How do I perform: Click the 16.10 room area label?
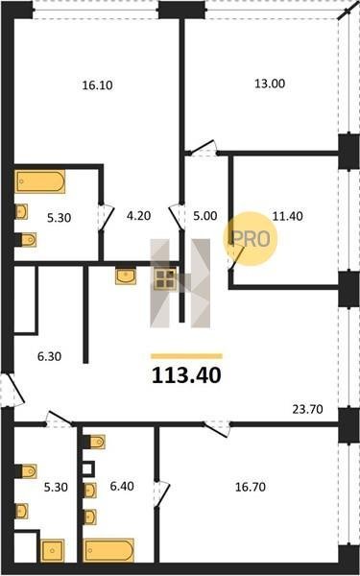[97, 85]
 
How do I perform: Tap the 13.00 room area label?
[270, 84]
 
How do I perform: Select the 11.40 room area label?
[288, 216]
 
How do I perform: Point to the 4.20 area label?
[138, 216]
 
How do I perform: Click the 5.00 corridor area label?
[205, 216]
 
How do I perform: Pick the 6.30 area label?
[50, 356]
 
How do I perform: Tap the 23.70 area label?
[307, 409]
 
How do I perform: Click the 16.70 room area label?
[251, 487]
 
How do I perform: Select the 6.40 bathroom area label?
[122, 487]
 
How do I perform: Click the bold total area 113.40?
[186, 375]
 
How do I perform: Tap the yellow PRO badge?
[251, 239]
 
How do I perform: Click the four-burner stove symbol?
[165, 278]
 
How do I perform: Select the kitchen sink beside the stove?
[126, 276]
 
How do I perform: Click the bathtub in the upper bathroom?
[39, 181]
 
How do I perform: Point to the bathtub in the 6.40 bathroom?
[108, 550]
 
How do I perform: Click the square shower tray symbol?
[53, 550]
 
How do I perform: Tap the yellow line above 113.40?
[186, 356]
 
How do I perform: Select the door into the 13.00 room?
[202, 148]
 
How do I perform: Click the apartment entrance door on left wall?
[12, 390]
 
